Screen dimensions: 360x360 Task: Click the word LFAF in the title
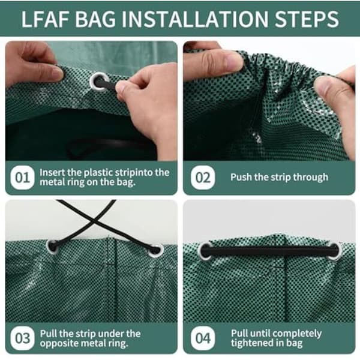[x=45, y=19]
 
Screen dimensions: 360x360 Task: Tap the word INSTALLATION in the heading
[x=194, y=19]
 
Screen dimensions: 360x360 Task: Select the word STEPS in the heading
[x=307, y=19]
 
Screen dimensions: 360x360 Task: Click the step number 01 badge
[x=22, y=178]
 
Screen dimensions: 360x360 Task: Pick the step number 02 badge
[x=203, y=178]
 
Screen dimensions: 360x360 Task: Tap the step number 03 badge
[x=22, y=338]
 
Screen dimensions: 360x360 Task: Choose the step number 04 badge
[x=203, y=338]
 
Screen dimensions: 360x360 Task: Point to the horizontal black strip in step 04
[x=270, y=251]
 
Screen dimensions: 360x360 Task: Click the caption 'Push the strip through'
[x=279, y=177]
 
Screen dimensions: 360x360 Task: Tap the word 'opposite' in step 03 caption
[x=59, y=344]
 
